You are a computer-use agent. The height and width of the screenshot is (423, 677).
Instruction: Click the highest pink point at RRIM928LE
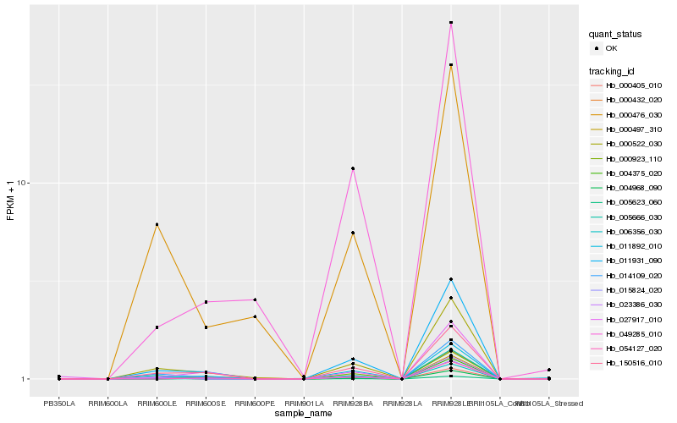click(451, 23)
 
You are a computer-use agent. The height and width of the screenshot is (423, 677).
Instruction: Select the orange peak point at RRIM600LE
click(157, 224)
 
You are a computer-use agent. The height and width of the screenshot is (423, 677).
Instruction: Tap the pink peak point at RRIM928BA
click(353, 168)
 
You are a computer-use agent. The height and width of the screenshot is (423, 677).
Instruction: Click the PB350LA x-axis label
click(59, 404)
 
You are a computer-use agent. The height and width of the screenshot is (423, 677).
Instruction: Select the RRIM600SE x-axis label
click(206, 404)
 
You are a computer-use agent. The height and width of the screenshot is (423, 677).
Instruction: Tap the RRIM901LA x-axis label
click(304, 404)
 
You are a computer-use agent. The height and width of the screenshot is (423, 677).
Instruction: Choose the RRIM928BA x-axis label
click(353, 404)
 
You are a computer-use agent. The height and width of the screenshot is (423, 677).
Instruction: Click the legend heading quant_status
click(615, 35)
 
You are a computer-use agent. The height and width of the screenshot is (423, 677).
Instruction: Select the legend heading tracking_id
click(612, 70)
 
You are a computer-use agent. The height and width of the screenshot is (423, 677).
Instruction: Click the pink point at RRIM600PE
click(255, 299)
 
